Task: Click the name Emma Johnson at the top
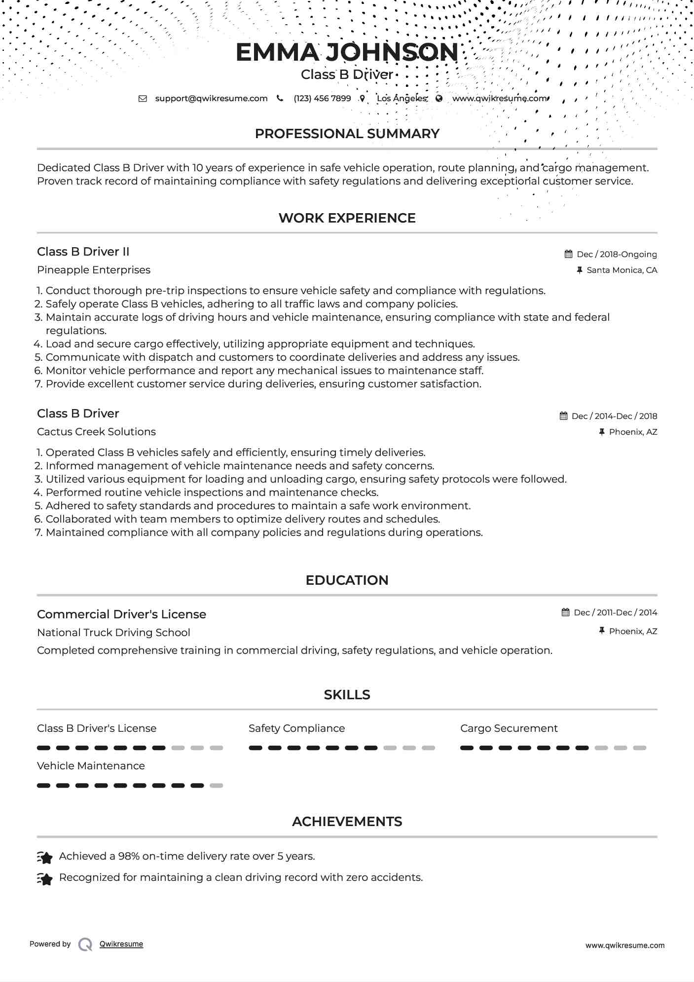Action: [x=347, y=52]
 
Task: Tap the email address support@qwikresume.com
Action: [x=211, y=98]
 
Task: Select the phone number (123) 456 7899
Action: [x=322, y=98]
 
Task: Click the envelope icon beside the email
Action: [x=143, y=98]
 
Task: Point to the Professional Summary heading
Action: [x=347, y=134]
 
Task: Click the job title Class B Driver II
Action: [x=83, y=252]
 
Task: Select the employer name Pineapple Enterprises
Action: [x=94, y=270]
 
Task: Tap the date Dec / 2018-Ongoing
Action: [x=617, y=254]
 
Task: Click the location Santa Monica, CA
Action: [x=621, y=270]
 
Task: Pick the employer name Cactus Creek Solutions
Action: [x=96, y=432]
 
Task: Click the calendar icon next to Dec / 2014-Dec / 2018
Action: [x=563, y=416]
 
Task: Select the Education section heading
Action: [x=347, y=580]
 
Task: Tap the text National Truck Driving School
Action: [x=113, y=633]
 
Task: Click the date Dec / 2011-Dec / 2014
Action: [x=615, y=612]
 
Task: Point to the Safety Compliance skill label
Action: [x=296, y=728]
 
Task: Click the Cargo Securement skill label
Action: [x=509, y=728]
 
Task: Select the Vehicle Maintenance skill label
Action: [x=91, y=766]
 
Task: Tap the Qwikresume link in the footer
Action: [x=121, y=944]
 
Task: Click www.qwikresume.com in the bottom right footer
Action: [x=624, y=945]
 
